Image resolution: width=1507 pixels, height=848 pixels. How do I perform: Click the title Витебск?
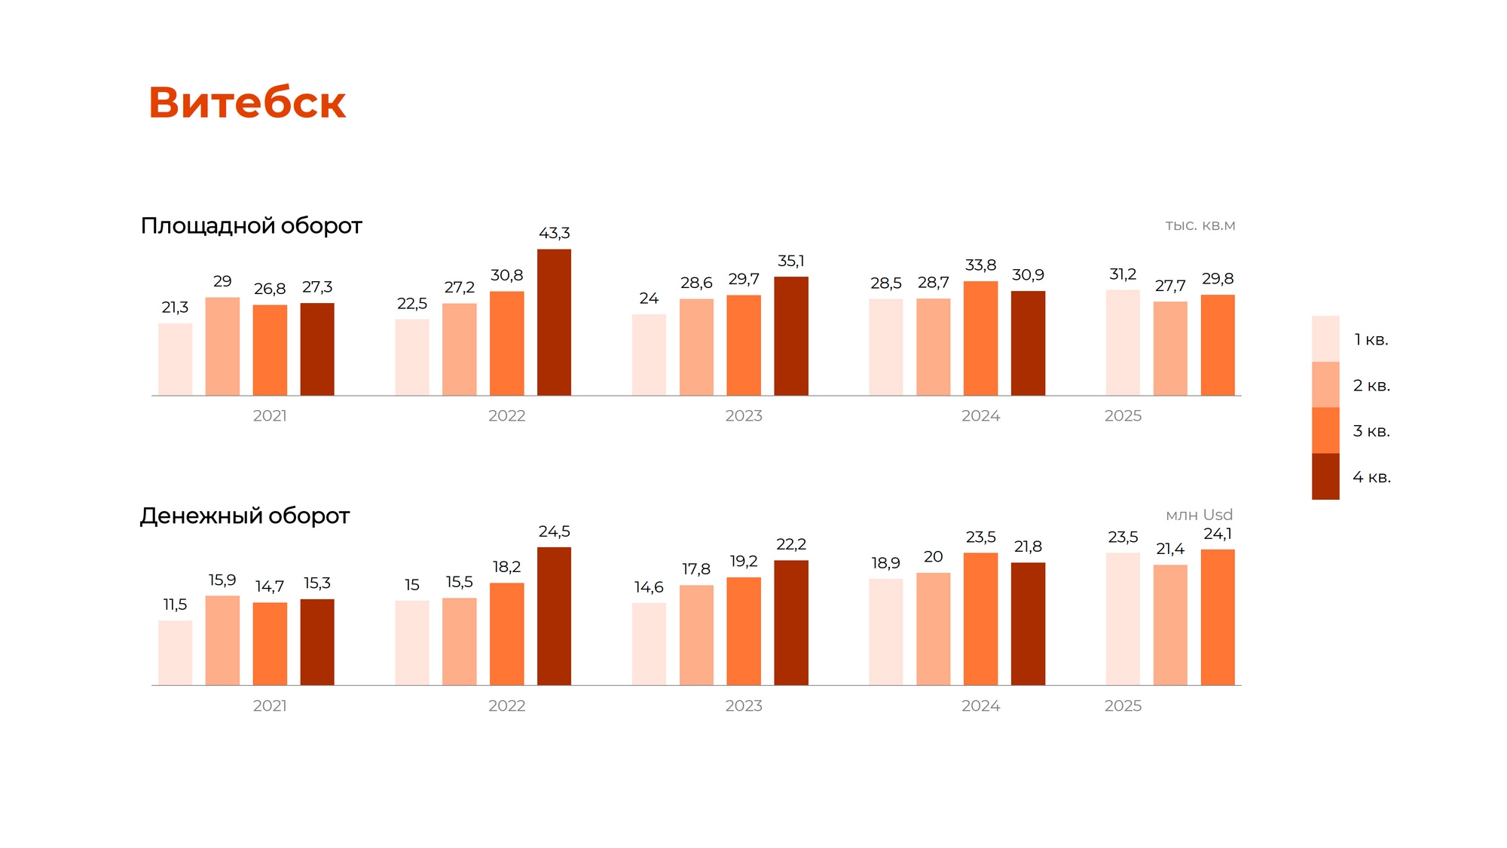click(x=247, y=103)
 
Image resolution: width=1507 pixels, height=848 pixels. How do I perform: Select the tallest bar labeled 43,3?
click(x=554, y=323)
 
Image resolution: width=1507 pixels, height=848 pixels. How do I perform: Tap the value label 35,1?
click(x=791, y=261)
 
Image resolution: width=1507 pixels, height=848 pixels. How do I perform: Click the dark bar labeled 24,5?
click(x=554, y=616)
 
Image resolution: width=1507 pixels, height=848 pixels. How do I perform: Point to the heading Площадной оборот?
click(x=252, y=225)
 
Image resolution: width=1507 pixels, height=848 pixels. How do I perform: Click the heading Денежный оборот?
click(x=245, y=516)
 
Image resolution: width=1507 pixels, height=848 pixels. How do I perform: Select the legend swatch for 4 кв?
click(x=1325, y=476)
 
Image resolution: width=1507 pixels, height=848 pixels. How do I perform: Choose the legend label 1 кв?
click(x=1371, y=339)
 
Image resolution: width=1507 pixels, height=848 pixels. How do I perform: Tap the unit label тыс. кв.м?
click(x=1200, y=225)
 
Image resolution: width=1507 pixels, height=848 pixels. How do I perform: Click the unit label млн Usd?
click(x=1199, y=515)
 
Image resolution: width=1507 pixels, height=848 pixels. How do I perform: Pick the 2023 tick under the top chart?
click(x=744, y=416)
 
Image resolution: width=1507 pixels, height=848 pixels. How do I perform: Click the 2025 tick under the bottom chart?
click(x=1123, y=706)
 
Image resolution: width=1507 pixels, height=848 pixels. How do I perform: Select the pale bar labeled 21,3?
click(x=176, y=360)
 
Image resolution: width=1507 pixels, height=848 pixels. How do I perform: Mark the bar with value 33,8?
click(x=980, y=338)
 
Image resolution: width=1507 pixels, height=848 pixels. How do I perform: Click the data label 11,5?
click(x=176, y=605)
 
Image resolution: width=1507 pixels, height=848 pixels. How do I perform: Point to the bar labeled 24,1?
click(x=1218, y=617)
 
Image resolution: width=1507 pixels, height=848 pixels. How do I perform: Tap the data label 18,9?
click(x=885, y=563)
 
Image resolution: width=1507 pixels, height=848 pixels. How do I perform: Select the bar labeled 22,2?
click(x=791, y=623)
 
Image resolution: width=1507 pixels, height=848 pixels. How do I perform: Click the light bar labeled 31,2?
click(x=1123, y=343)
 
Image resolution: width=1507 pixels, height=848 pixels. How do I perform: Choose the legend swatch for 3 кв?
click(x=1325, y=430)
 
